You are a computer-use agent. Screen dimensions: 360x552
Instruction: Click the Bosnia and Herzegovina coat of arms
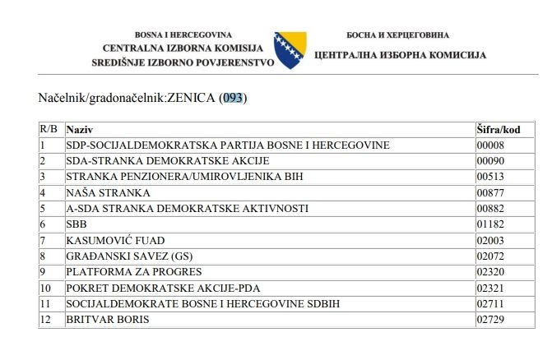coord(290,49)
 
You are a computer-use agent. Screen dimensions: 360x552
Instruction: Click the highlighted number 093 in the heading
coord(234,99)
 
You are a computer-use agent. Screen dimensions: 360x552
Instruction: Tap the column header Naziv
coord(80,130)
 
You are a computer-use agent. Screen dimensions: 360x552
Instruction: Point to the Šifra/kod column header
coord(499,130)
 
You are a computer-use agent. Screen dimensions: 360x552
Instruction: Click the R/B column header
coord(49,130)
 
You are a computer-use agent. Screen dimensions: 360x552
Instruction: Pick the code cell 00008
coord(490,145)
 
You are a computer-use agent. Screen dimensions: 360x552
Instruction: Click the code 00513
coord(490,177)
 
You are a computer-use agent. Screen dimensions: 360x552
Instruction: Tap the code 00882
coord(490,209)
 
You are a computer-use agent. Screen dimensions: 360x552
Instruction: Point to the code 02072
coord(490,256)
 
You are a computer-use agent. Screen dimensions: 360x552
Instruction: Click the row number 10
coord(46,288)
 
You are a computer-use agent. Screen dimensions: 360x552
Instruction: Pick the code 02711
coord(490,303)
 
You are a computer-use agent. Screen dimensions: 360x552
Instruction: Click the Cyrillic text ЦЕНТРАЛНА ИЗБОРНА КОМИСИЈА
coord(400,55)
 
